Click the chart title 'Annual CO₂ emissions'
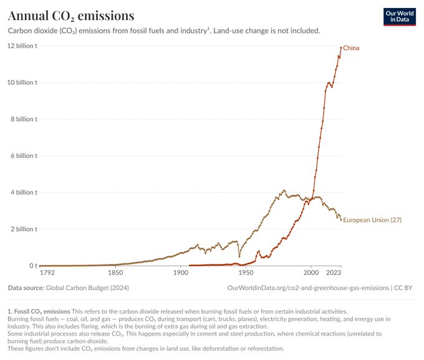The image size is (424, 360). pos(71,15)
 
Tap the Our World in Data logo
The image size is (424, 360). pos(399,16)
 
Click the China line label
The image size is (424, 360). pos(351,48)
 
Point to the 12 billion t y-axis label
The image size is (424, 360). pos(22,46)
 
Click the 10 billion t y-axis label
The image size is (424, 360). pos(22,82)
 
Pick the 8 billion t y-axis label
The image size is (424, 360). pos(24,119)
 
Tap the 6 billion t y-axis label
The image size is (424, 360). pos(24,155)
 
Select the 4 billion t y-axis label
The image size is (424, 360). pos(24,192)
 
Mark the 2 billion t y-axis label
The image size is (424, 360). pos(24,229)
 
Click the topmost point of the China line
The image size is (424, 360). pos(341,47)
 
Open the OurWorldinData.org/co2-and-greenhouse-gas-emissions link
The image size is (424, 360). pos(309,288)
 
